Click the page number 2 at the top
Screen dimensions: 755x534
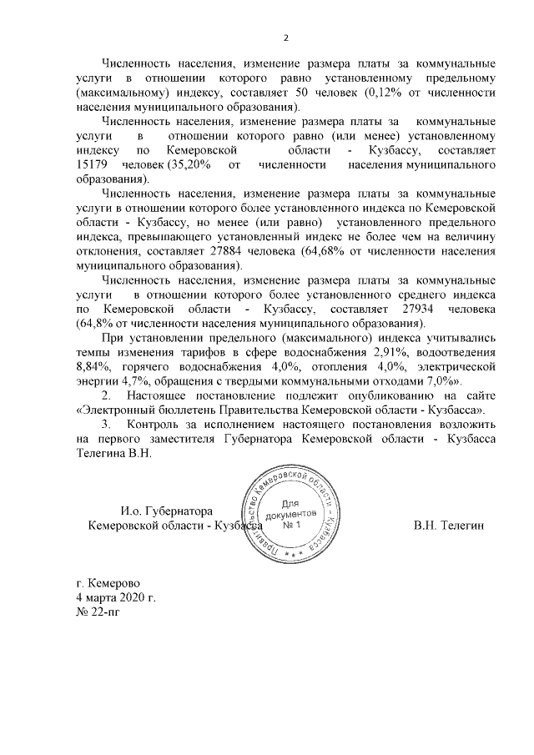click(x=286, y=38)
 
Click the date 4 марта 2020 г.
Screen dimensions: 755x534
click(x=115, y=598)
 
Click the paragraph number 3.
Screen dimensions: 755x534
click(x=105, y=425)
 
